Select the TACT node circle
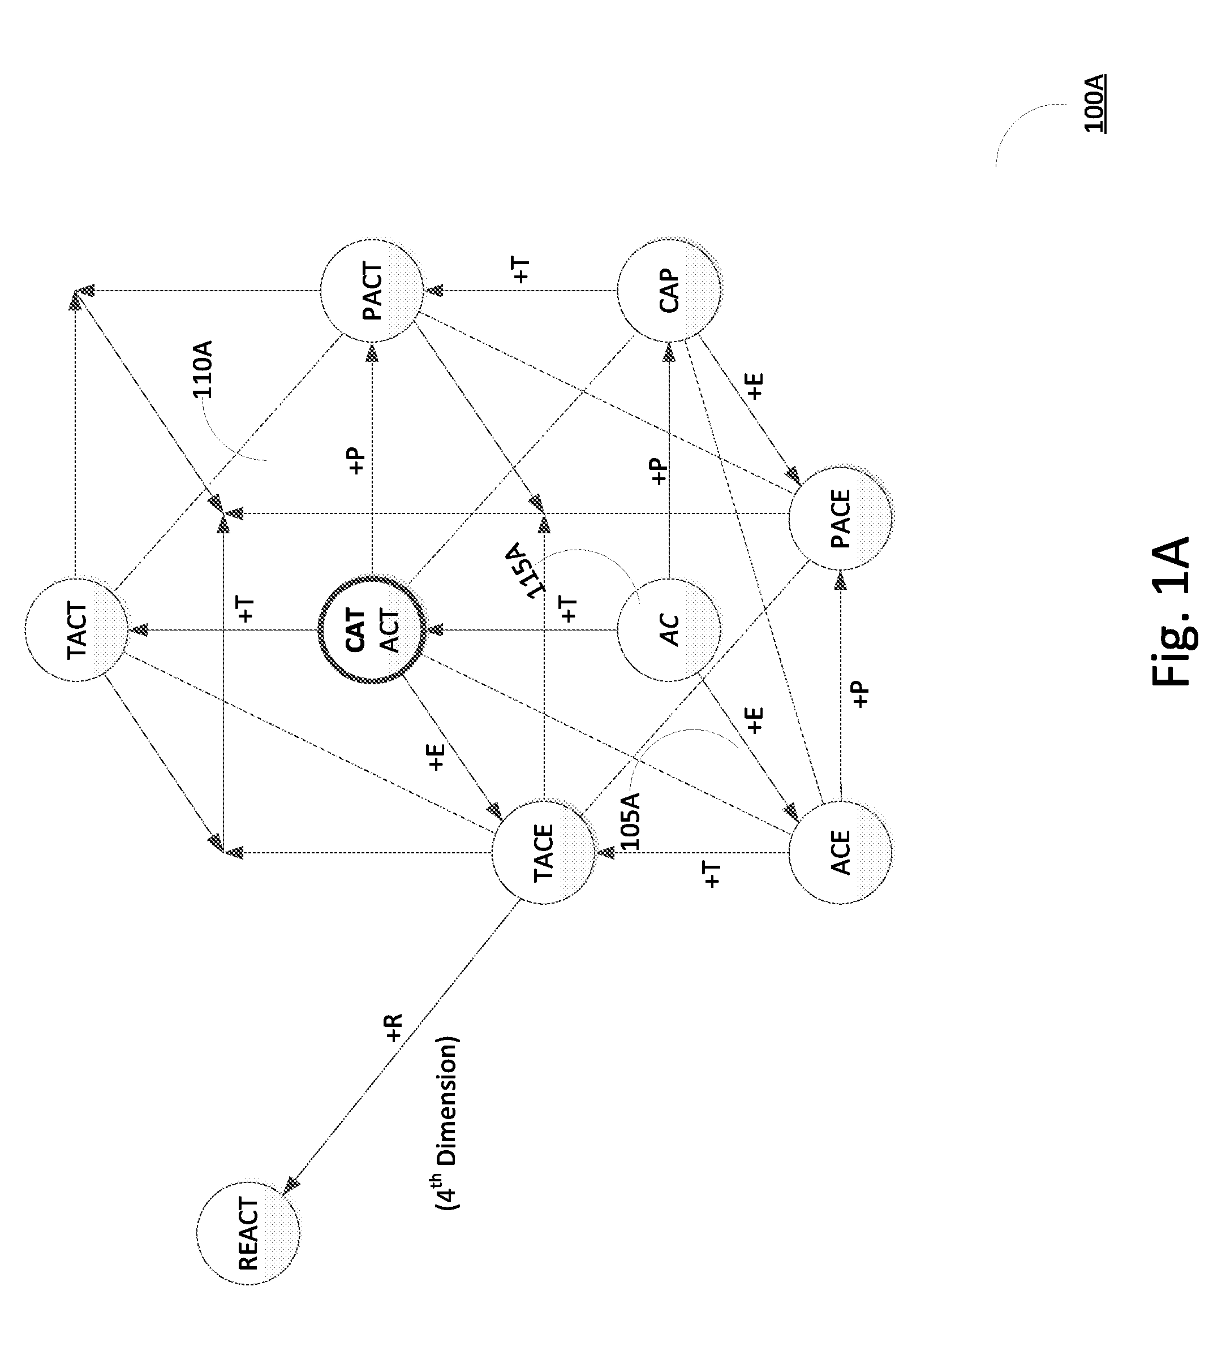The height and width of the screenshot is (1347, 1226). (77, 630)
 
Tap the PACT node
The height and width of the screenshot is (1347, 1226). (372, 291)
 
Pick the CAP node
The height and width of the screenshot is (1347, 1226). (669, 291)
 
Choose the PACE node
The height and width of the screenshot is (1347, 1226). (840, 519)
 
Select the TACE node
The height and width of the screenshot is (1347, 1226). (544, 853)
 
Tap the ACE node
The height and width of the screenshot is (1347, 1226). (840, 853)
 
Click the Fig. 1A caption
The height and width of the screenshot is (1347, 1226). (1171, 611)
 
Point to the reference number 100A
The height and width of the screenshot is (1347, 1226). (1094, 103)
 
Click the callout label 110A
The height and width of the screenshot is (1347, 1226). (203, 369)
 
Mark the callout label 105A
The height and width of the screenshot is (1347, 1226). (630, 821)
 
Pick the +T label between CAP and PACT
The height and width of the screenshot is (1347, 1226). (522, 270)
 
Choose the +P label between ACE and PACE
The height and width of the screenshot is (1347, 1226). (861, 694)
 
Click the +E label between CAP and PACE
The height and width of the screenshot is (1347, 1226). (755, 386)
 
